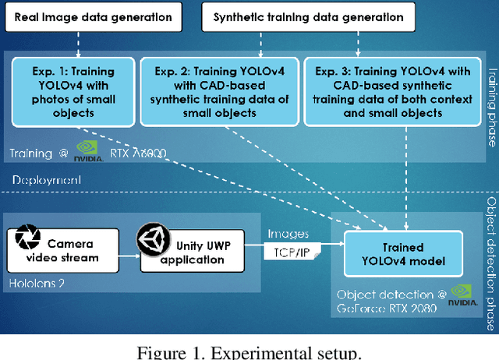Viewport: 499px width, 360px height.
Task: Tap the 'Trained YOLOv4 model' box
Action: (405, 252)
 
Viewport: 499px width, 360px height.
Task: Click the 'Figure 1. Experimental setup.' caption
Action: (249, 352)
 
